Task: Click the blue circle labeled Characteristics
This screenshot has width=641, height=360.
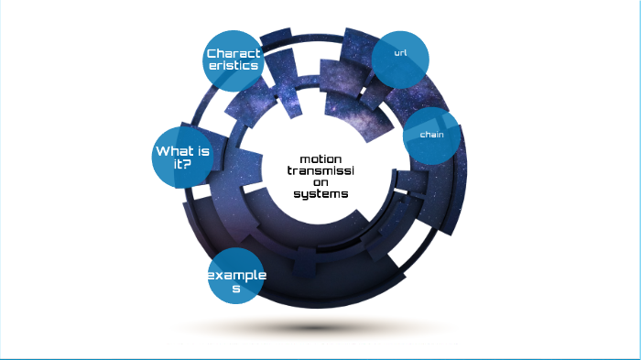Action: [233, 60]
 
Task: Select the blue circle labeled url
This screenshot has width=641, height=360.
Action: [400, 57]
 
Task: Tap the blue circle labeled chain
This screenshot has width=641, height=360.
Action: [431, 135]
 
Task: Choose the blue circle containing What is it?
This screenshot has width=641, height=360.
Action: [180, 157]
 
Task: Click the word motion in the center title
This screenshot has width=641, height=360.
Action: [321, 158]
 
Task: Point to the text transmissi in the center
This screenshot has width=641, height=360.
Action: [321, 170]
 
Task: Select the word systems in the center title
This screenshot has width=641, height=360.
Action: [321, 193]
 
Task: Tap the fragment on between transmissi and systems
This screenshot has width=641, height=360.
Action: [321, 181]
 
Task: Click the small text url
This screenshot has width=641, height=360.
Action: [400, 53]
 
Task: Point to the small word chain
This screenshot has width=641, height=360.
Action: [431, 135]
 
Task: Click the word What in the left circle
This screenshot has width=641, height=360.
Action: [173, 151]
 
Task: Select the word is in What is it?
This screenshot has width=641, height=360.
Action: [203, 151]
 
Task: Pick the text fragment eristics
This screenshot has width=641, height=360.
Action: [234, 66]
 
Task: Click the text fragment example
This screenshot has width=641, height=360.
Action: [236, 276]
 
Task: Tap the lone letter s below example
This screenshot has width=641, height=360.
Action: [236, 289]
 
